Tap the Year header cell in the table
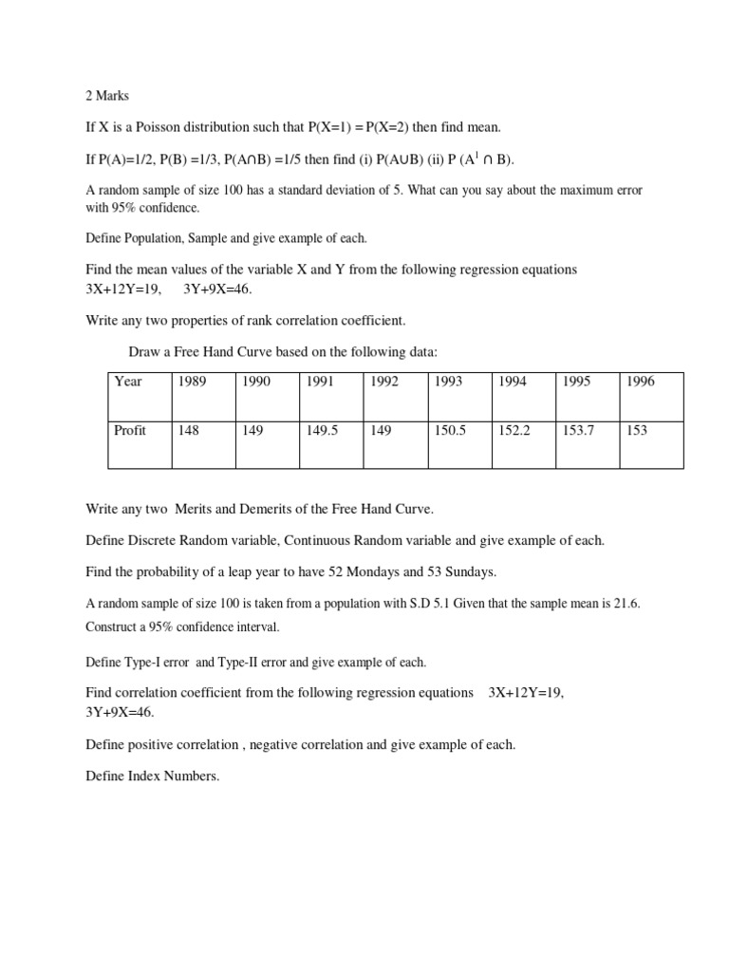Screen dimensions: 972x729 [x=128, y=382]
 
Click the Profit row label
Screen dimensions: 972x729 [x=130, y=430]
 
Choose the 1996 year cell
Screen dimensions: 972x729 [x=640, y=382]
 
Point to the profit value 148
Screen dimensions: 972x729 [x=189, y=430]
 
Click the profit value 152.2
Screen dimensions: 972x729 [x=514, y=430]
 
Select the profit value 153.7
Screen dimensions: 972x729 [x=578, y=430]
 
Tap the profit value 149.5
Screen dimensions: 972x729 [x=321, y=430]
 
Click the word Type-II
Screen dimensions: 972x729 [x=241, y=662]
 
